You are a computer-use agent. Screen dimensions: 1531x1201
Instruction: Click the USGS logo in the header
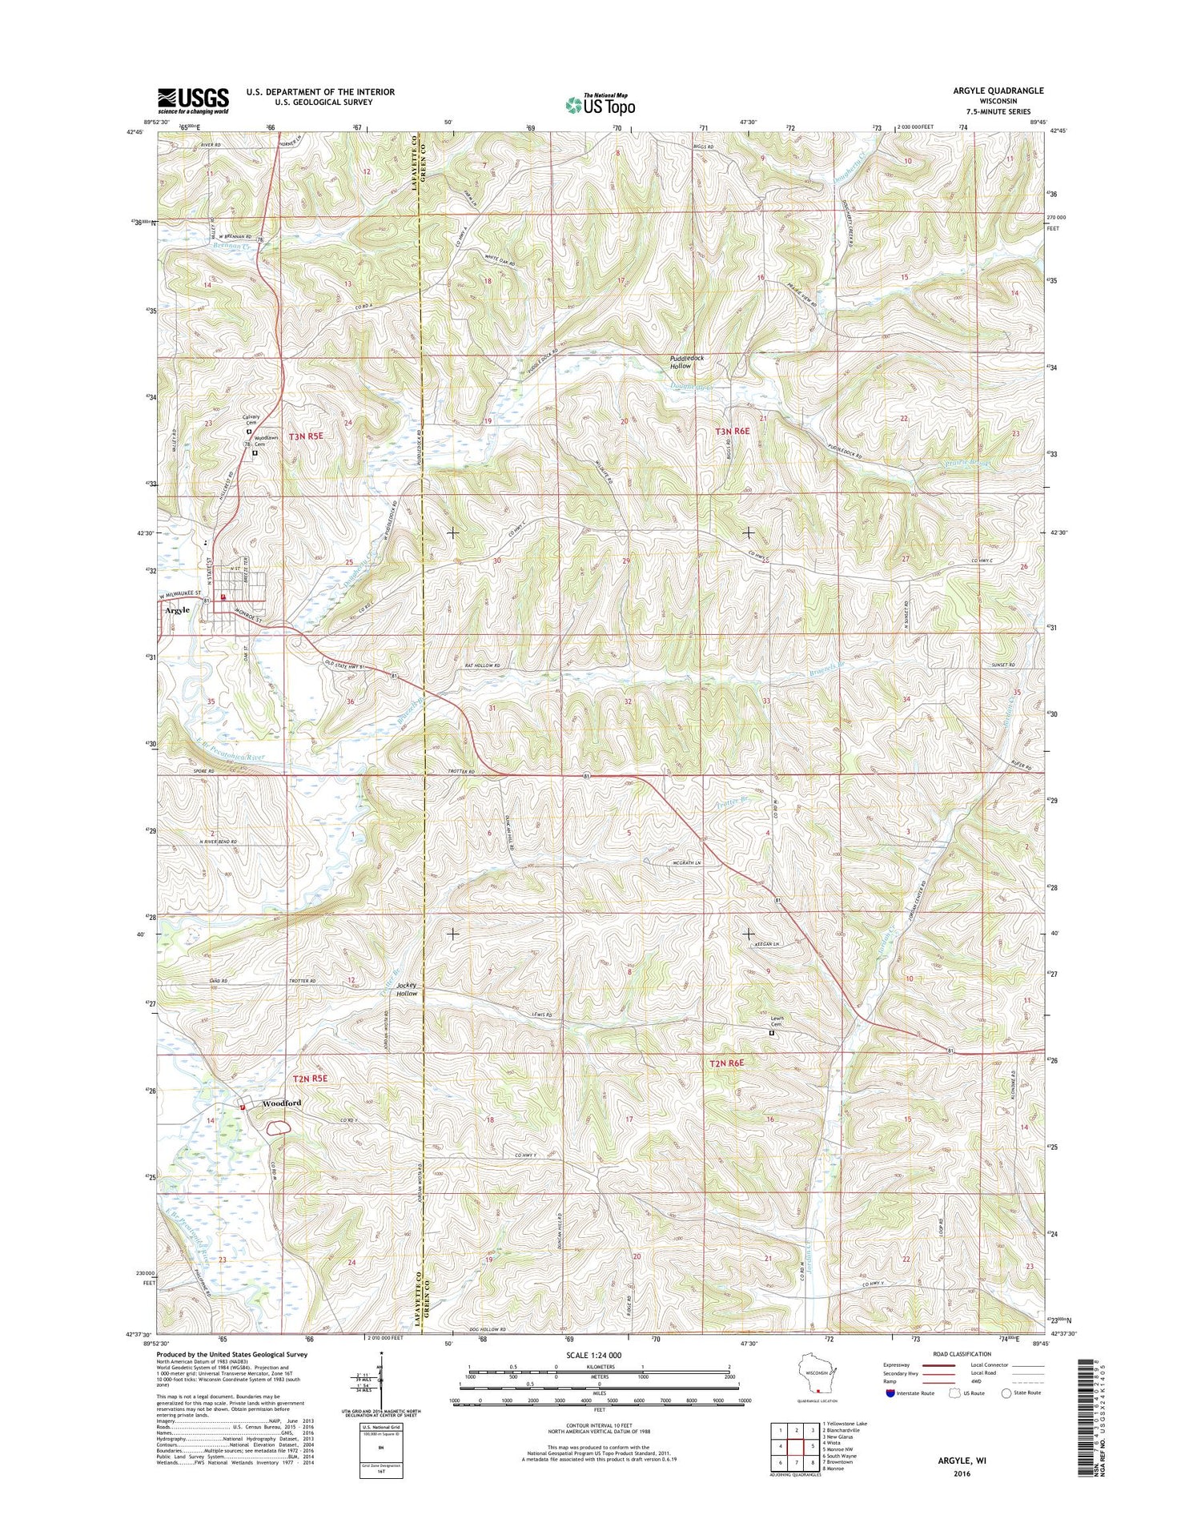coord(193,101)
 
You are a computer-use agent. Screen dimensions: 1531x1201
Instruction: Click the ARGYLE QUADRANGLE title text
coord(997,90)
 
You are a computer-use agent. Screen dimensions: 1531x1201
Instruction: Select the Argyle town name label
coord(177,610)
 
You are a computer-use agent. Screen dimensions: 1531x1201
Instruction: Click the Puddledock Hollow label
coord(687,362)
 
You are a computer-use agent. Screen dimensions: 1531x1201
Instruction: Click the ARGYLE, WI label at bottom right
coord(962,1460)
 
